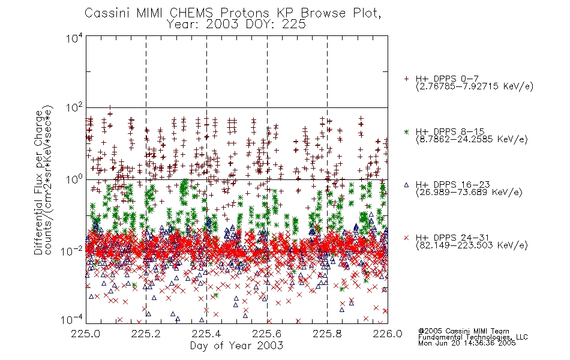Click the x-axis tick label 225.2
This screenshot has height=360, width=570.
146,334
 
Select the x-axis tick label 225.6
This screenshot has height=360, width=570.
266,334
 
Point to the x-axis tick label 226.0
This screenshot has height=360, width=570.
388,334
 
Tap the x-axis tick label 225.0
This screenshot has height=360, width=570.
86,334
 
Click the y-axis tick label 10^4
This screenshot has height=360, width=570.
74,38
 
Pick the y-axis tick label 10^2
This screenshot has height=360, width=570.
74,108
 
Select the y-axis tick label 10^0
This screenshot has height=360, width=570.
74,179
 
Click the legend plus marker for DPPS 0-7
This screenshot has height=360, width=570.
406,79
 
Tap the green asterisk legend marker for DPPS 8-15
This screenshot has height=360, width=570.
406,131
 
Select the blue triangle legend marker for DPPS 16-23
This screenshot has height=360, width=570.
406,185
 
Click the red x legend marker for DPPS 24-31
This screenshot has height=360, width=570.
406,238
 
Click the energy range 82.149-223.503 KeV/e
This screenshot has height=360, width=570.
472,245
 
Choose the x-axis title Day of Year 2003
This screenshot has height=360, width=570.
236,346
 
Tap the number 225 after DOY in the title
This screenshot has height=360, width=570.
294,25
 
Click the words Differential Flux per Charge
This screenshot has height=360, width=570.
39,183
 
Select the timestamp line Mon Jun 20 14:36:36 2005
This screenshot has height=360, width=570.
467,343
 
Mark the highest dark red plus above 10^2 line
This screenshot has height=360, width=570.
110,107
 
